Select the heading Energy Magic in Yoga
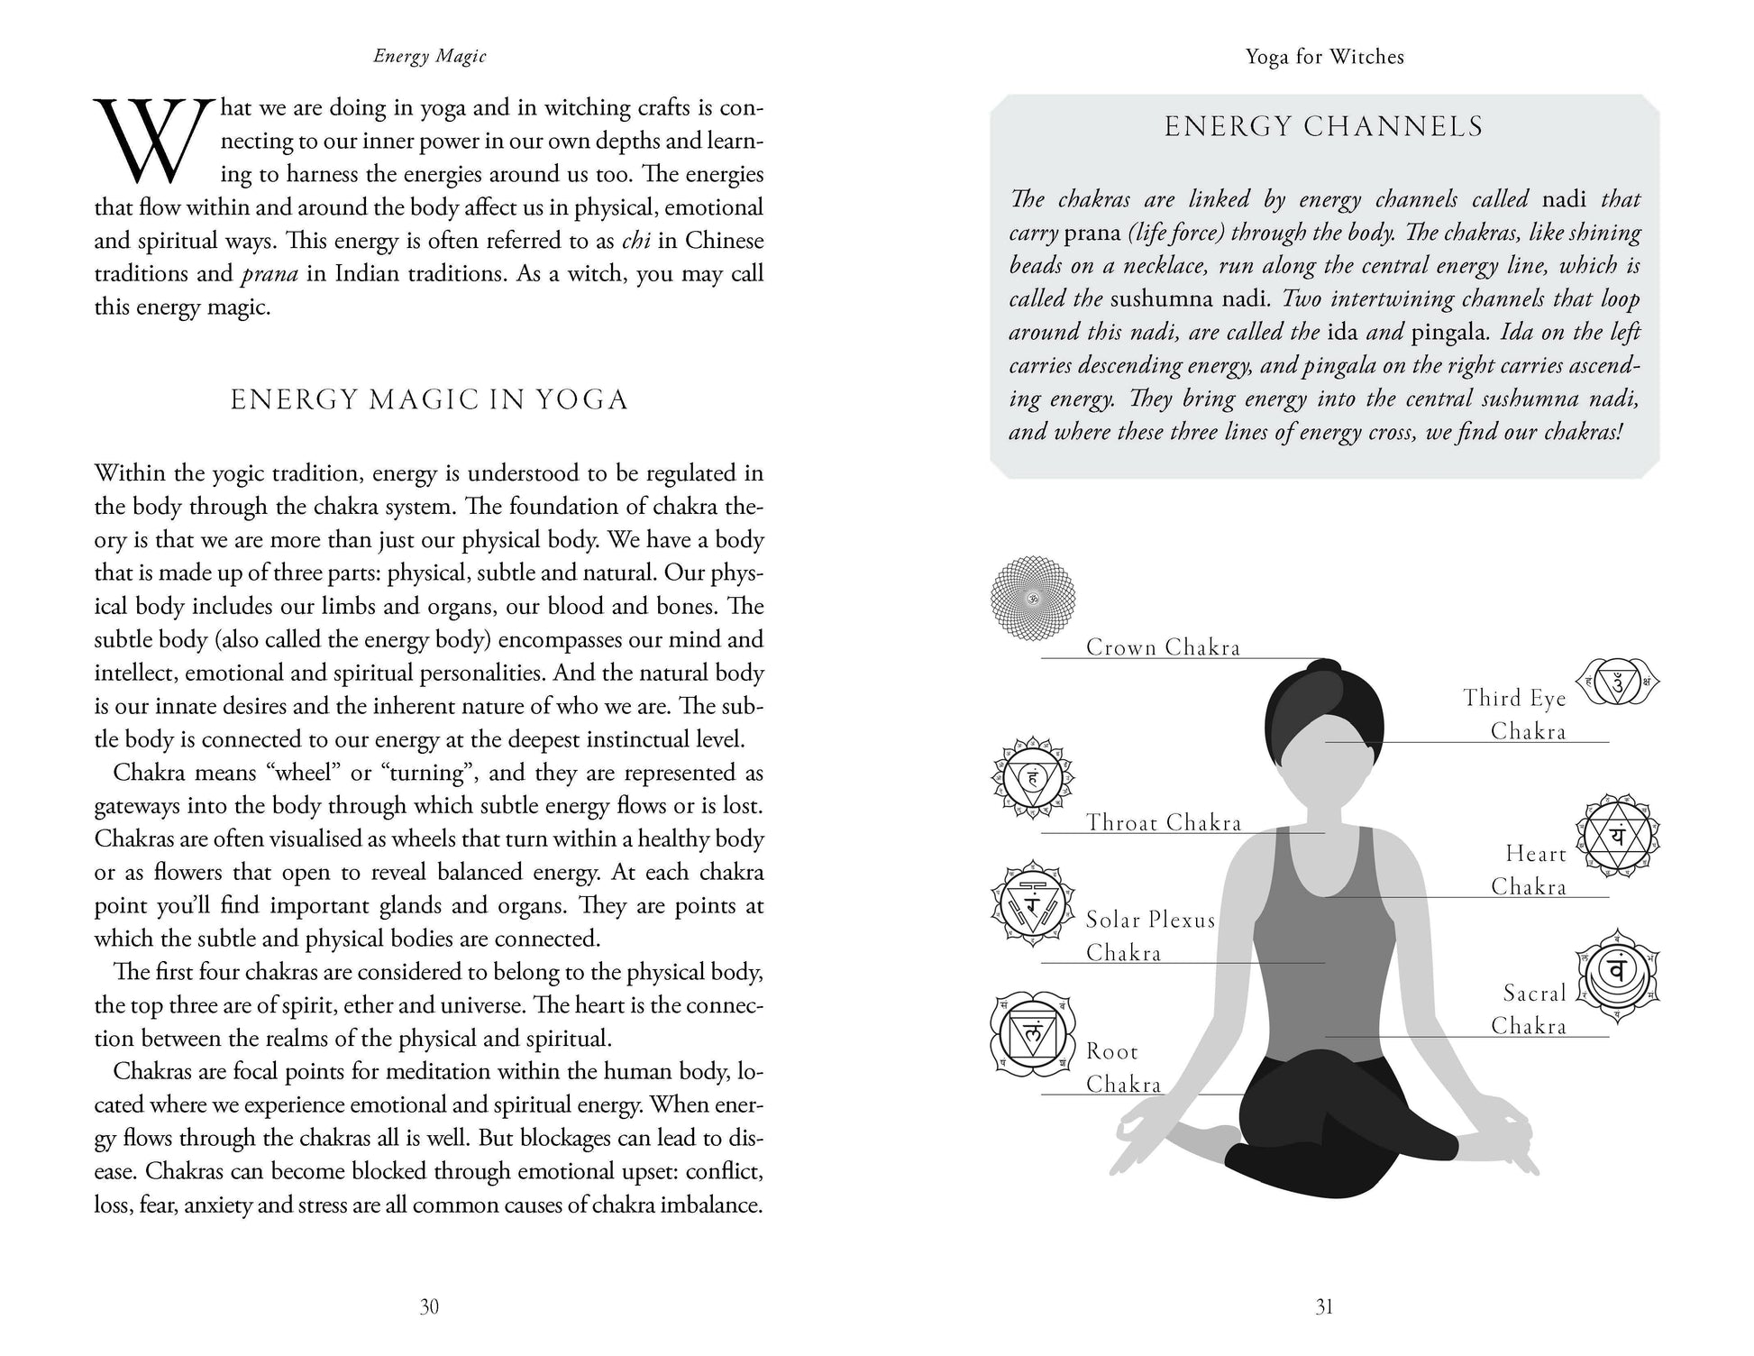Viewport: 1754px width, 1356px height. pos(429,399)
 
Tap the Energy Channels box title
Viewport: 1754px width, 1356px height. pos(1323,126)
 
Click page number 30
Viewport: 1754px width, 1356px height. pos(429,1306)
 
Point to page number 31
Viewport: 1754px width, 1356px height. pos(1323,1306)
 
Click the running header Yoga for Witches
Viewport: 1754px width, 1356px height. pos(1324,57)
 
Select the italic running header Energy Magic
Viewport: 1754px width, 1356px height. pos(430,57)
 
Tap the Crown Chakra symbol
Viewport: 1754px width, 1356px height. pos(1033,596)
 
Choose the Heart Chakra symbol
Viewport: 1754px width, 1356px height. pos(1617,835)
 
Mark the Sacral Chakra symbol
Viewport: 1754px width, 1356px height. pos(1617,976)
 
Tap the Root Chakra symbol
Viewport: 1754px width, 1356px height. pos(1033,1036)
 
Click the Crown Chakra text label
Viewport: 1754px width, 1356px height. pos(1163,647)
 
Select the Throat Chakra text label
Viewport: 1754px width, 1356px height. pos(1163,822)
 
